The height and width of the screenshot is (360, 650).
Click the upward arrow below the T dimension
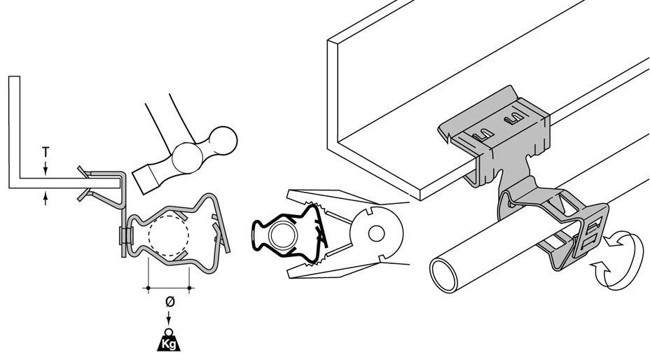tap(46, 199)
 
